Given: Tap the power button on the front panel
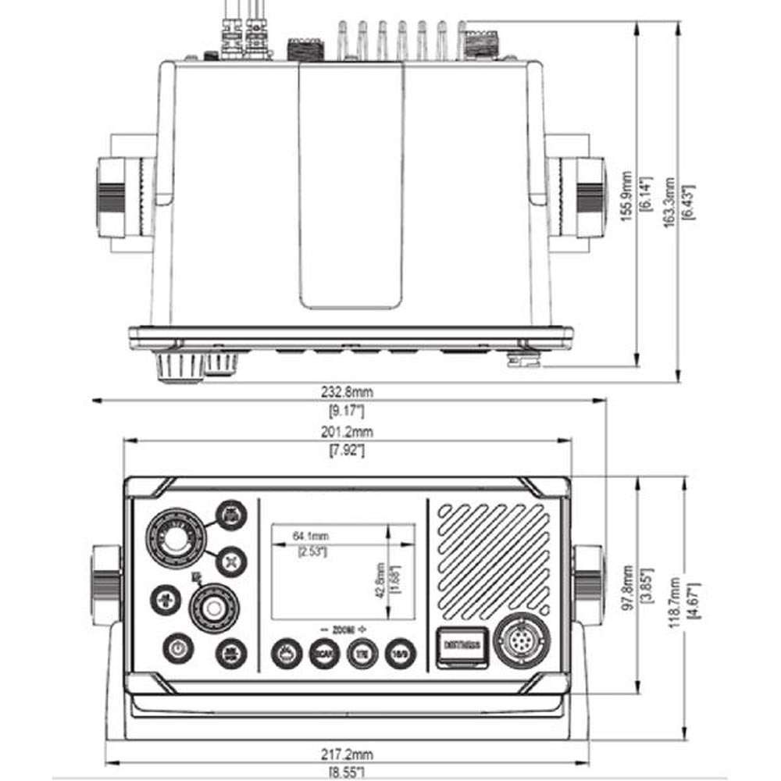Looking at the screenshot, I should [177, 647].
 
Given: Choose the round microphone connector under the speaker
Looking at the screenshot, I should [522, 641].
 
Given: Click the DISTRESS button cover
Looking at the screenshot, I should [464, 645].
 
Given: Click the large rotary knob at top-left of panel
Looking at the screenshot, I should [174, 538].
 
